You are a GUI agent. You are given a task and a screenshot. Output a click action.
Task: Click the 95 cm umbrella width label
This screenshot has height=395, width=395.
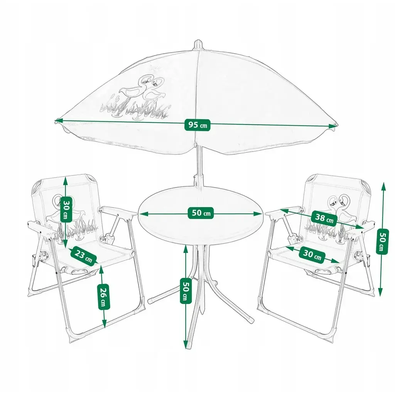coord(197,125)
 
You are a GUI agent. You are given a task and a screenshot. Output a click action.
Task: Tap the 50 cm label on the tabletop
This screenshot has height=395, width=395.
coord(201,213)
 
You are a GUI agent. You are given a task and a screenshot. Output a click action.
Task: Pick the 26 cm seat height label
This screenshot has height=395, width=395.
coord(103,297)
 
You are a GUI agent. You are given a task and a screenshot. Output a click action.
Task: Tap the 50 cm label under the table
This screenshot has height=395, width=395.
coord(186,290)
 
